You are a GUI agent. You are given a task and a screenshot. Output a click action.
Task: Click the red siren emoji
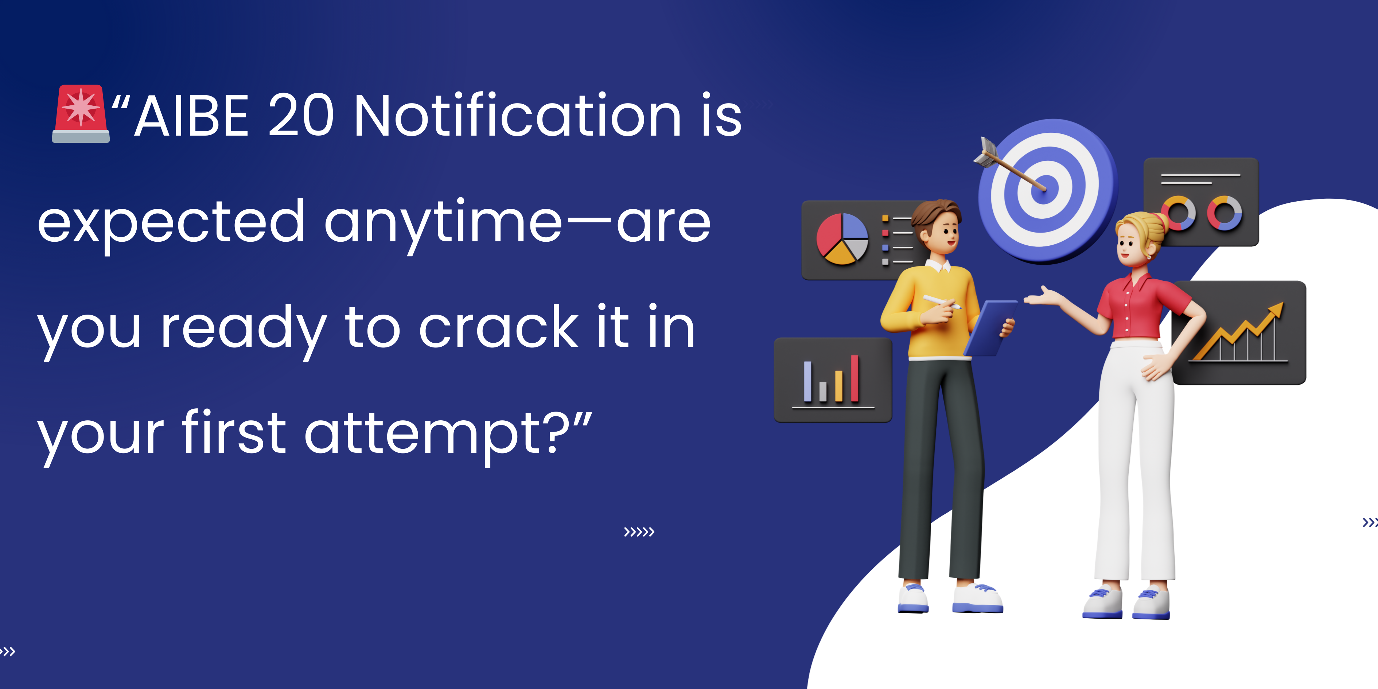[81, 113]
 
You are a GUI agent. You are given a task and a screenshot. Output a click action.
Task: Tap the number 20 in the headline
[301, 114]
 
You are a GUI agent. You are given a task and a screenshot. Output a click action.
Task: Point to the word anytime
[443, 225]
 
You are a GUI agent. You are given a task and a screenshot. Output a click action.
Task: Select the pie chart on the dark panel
[842, 238]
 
